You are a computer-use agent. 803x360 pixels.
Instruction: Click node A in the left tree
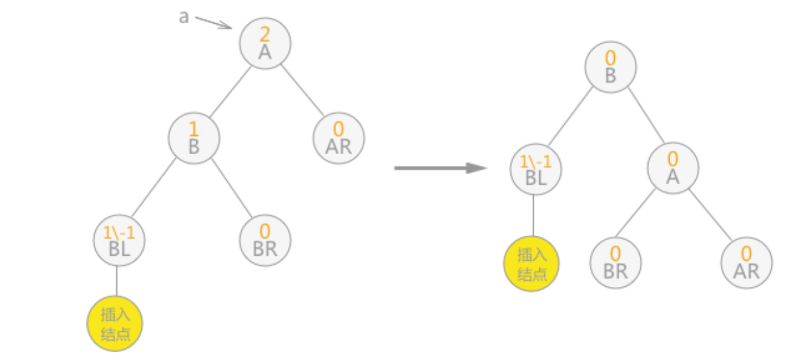[265, 44]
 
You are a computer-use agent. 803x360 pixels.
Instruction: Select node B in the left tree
[194, 138]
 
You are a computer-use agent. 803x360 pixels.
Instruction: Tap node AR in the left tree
[339, 138]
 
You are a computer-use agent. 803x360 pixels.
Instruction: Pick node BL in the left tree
[119, 240]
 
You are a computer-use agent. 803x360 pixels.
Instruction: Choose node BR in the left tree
[265, 240]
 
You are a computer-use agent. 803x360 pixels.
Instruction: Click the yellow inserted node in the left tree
[115, 324]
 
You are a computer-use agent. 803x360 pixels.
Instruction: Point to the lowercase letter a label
[184, 17]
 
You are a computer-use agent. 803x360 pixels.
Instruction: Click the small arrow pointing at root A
[214, 22]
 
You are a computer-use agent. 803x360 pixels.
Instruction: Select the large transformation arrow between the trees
[440, 168]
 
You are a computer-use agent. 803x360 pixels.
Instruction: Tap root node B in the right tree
[611, 67]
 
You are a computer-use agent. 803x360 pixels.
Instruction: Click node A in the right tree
[673, 168]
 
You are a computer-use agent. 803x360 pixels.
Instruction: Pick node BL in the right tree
[536, 168]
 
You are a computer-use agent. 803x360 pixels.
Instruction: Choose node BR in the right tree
[615, 263]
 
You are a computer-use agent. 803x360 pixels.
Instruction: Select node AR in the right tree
[746, 263]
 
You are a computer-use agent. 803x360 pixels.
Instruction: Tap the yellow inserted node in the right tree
[532, 264]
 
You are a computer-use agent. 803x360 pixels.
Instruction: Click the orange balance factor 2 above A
[265, 35]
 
